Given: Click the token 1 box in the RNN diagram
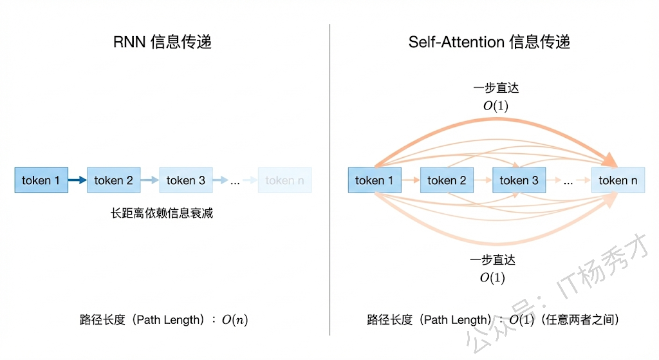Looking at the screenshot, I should coord(41,180).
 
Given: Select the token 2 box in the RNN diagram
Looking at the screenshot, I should coord(113,180).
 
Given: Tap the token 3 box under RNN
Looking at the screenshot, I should coord(186,180).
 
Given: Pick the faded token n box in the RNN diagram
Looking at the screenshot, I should coord(284,180).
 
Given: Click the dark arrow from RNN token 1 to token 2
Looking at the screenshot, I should coord(77,180).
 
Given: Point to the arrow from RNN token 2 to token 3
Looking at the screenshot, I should coord(149,180).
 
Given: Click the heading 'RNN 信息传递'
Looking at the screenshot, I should coord(162,43).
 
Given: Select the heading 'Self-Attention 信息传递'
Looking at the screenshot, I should coord(489,43).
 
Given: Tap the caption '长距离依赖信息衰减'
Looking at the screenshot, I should coord(162,213).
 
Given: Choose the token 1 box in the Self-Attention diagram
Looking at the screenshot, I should coord(374,180).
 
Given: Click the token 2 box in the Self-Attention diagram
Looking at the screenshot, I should coord(447,180).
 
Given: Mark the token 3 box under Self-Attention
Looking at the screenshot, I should coord(519,180).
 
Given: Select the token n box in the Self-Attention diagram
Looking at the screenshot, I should coord(618,180).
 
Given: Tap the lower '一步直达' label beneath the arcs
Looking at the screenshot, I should coord(493,260).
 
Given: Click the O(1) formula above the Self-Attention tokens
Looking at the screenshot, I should coord(496,106).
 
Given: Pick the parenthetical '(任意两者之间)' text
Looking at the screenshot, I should coord(579,320).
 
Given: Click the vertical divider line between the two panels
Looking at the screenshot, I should coord(329,180).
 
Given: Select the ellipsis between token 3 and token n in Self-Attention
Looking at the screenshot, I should coord(568,182).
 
